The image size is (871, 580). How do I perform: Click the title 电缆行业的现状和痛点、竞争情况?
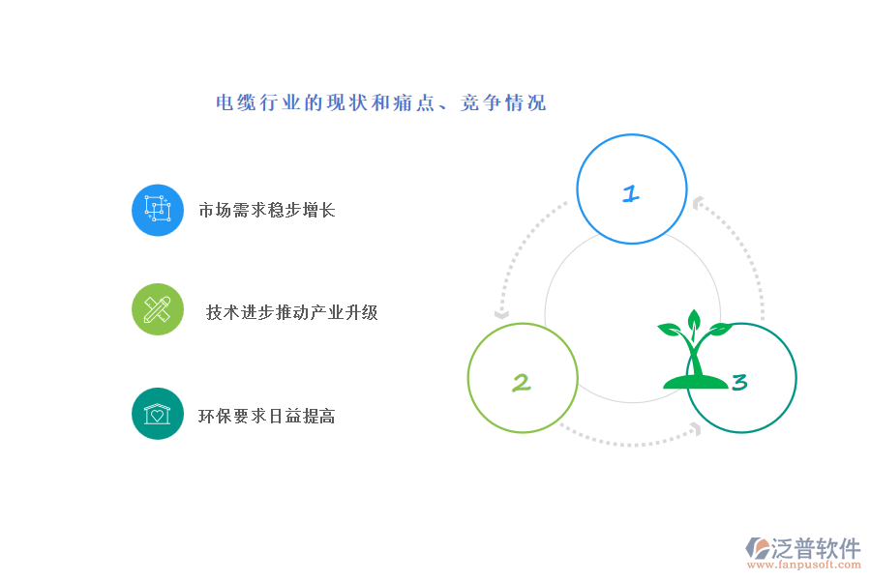(381, 102)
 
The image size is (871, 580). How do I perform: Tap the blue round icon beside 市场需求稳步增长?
(158, 211)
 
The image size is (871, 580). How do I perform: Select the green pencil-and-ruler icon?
(158, 309)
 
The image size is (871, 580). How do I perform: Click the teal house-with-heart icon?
(158, 414)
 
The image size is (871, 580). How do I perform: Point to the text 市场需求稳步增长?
(267, 211)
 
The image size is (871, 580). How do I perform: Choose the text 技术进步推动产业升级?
(292, 312)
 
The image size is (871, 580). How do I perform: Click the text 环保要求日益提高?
(267, 417)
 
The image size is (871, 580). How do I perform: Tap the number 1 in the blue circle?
(631, 193)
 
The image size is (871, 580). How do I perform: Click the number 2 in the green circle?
(521, 383)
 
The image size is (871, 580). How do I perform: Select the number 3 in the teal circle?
(739, 382)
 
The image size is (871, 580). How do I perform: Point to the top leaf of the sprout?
(694, 321)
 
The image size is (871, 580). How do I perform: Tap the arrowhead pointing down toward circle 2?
(501, 315)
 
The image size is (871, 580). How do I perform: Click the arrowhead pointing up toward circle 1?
(698, 203)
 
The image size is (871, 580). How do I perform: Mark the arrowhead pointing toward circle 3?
(696, 428)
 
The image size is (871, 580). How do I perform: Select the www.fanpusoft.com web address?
(804, 565)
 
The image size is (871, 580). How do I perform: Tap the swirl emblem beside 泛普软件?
(757, 548)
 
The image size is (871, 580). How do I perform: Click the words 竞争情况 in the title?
(503, 102)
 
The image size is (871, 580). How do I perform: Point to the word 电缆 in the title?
(236, 102)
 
